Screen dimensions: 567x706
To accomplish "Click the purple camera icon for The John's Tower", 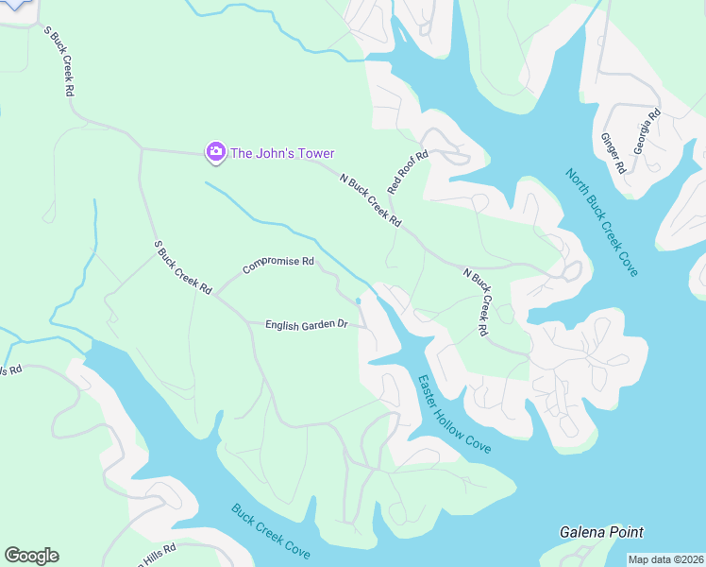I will tap(216, 152).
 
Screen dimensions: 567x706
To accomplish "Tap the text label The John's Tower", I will tap(283, 153).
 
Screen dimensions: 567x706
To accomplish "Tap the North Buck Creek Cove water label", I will tap(602, 222).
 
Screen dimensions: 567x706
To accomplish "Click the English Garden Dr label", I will tap(307, 325).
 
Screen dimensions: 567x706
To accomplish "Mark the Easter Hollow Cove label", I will tap(454, 413).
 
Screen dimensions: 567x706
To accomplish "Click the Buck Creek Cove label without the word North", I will tap(271, 530).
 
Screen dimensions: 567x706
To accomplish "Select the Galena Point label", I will tap(601, 533).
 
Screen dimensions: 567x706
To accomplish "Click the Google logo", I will tap(31, 556).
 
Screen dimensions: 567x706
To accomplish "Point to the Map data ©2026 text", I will tap(665, 559).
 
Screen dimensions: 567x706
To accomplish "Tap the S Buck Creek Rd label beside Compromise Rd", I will tap(183, 267).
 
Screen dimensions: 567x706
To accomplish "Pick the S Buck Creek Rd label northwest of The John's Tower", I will tap(59, 61).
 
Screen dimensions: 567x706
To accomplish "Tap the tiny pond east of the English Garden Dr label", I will tap(358, 301).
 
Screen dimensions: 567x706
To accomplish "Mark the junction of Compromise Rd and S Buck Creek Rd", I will tap(216, 295).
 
